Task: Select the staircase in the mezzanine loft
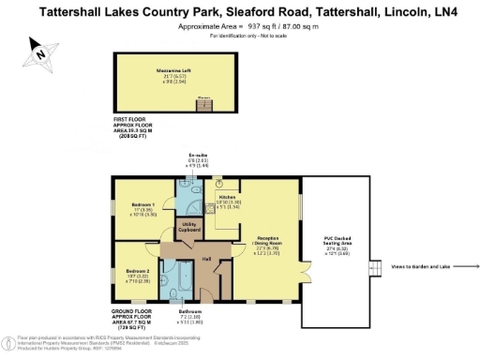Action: pos(202,102)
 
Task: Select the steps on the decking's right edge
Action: pos(372,266)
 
